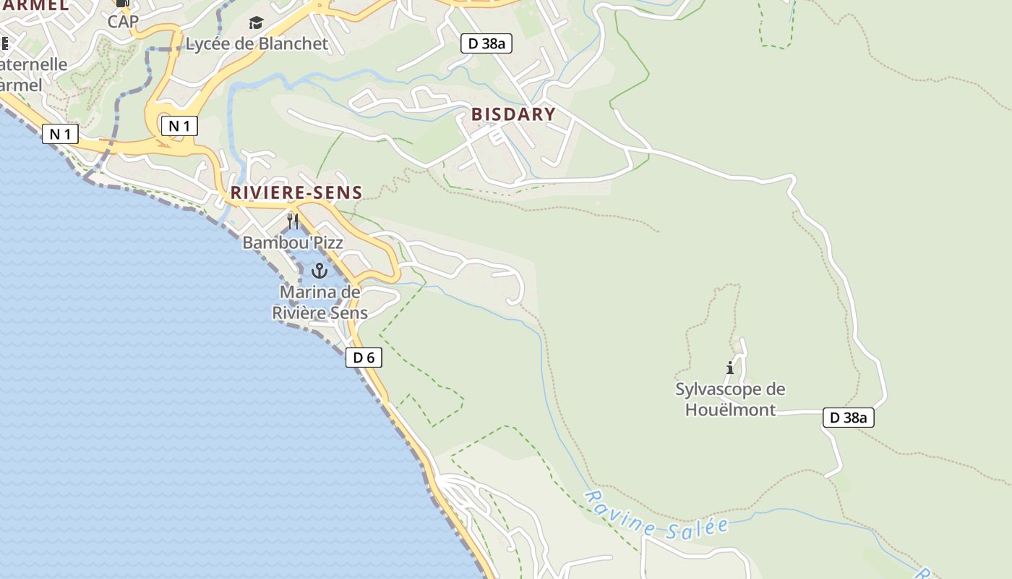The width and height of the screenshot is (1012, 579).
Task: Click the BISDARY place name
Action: [513, 114]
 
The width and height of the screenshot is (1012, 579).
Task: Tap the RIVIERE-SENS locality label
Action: [296, 193]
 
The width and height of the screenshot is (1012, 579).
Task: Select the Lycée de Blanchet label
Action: [257, 44]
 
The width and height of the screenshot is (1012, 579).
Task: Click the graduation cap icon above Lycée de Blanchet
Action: [256, 23]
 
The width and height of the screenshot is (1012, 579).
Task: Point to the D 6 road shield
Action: [364, 358]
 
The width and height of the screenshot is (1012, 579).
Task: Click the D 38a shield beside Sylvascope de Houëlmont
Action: [849, 418]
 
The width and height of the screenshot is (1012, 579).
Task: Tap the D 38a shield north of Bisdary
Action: [486, 43]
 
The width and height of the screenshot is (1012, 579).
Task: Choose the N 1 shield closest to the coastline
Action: [60, 134]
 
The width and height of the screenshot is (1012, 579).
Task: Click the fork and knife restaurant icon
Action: [293, 221]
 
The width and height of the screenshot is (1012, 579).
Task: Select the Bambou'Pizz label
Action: [293, 242]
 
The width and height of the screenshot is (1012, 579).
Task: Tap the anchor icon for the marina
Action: [319, 271]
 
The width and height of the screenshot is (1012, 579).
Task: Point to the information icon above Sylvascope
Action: [730, 368]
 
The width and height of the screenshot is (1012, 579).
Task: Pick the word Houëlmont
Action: [730, 410]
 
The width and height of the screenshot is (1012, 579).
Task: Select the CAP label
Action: [123, 22]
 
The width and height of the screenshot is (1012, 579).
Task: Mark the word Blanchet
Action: [293, 44]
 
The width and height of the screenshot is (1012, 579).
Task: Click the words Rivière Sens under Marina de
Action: [320, 313]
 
